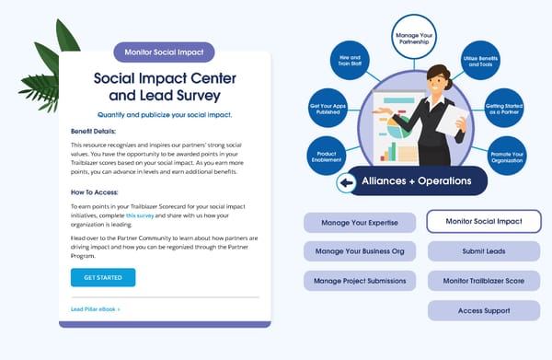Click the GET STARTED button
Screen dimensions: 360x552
(102, 277)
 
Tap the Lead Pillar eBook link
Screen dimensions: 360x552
(95, 309)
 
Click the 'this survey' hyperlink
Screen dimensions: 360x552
(141, 215)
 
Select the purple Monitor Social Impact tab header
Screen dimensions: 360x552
(164, 52)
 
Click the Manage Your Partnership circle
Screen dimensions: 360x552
(414, 39)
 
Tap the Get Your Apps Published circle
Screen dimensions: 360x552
(329, 108)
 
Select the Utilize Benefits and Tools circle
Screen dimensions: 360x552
(481, 62)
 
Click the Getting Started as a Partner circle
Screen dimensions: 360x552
(502, 107)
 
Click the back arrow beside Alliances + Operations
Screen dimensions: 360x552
(347, 183)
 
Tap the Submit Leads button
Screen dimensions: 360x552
(483, 251)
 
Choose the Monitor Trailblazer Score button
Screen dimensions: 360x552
(483, 280)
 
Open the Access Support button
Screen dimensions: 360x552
(483, 310)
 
